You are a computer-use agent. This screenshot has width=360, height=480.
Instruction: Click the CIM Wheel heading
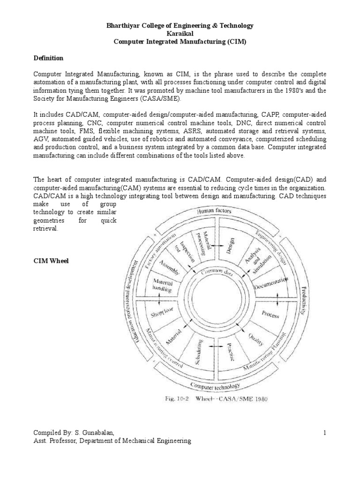click(51, 261)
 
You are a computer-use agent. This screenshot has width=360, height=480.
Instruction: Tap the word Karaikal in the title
click(180, 34)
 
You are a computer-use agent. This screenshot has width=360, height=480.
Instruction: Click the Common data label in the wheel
click(216, 272)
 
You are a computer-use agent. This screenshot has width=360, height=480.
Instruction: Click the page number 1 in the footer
click(324, 433)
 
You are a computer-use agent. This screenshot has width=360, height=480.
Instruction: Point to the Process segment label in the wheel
click(271, 314)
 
